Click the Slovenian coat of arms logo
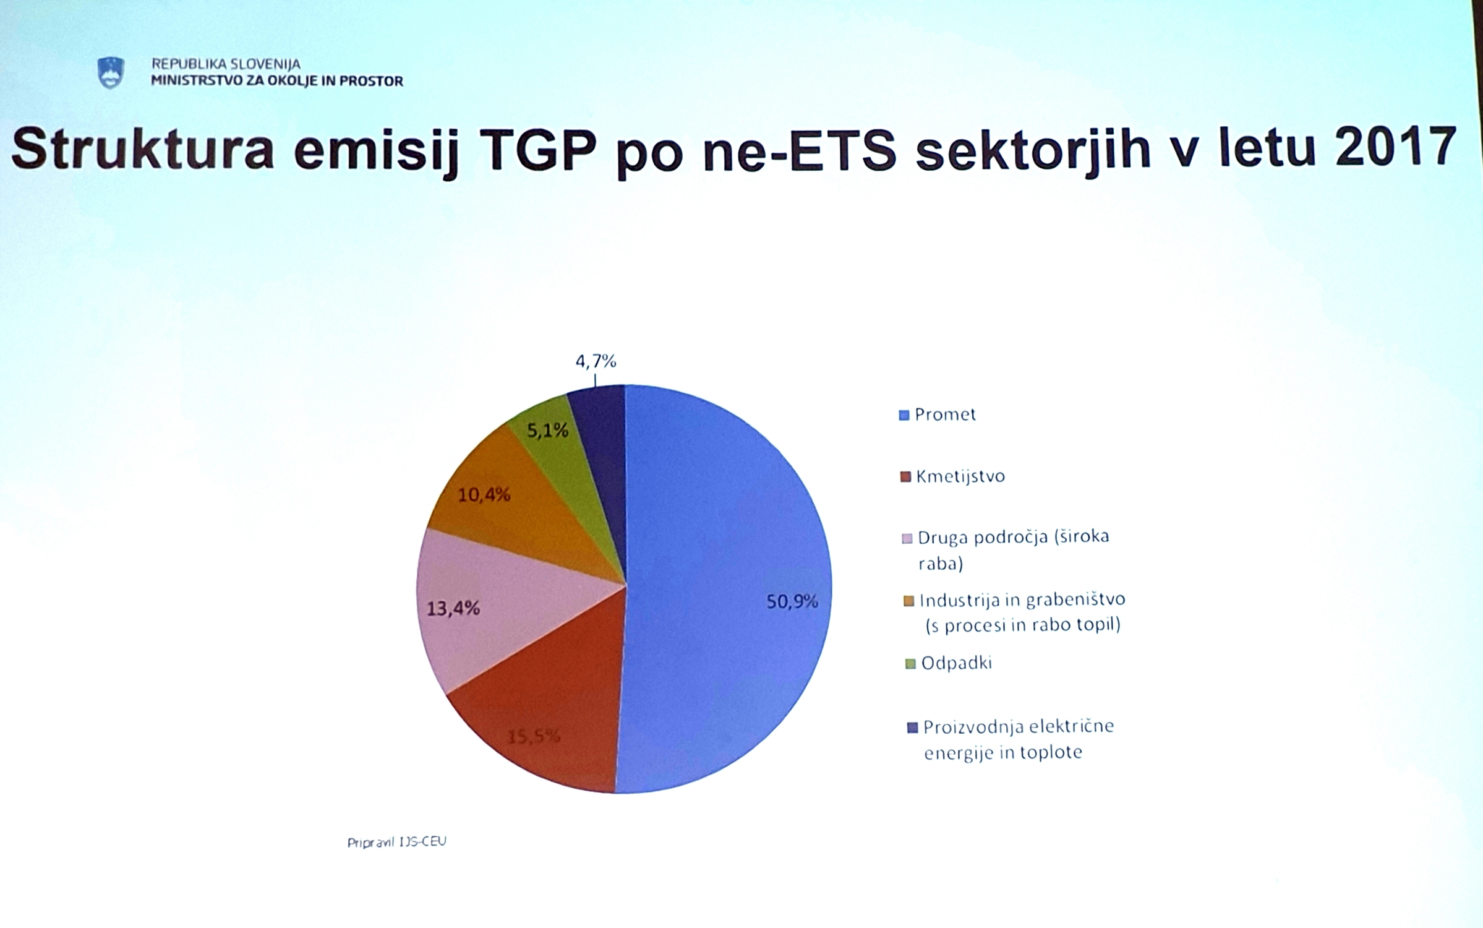point(111,73)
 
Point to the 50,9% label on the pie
point(792,601)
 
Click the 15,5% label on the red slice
point(534,737)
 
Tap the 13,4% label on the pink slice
point(453,609)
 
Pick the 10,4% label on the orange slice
point(484,495)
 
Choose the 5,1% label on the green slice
point(547,431)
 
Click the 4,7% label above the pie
point(596,361)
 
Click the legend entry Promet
point(938,415)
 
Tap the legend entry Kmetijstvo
point(953,476)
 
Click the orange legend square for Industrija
point(908,601)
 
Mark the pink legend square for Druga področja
point(907,538)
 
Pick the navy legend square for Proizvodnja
point(912,728)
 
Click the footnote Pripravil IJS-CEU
point(396,842)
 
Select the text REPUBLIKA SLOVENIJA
point(226,64)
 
